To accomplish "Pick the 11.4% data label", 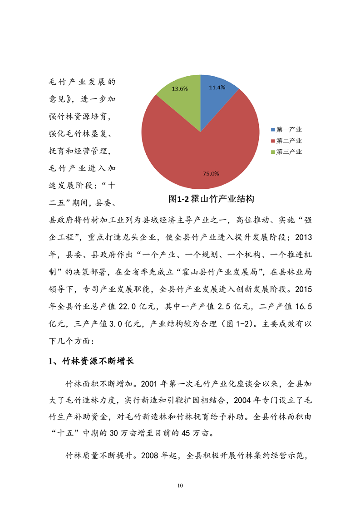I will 217,88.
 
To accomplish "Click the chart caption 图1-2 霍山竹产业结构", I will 211,199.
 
